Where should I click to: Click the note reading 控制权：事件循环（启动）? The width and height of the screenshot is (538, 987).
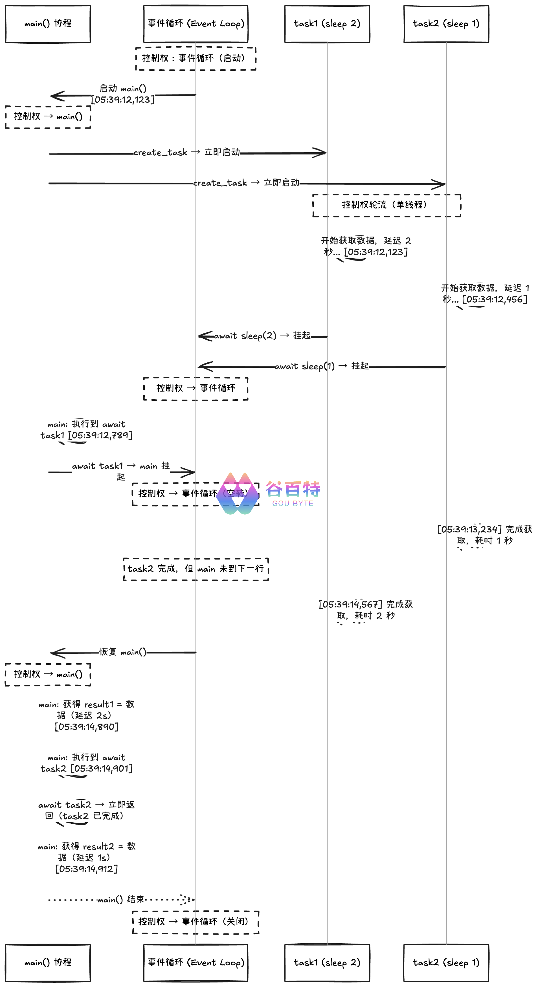196,58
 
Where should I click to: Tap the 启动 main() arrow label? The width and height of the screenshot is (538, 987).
123,89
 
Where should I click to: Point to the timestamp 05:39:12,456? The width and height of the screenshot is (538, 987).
495,299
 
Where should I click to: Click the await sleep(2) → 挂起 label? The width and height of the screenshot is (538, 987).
262,336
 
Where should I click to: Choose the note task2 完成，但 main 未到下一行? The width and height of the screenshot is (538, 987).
196,569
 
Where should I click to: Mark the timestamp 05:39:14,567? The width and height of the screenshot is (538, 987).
350,605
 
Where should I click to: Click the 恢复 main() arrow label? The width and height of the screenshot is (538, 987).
123,652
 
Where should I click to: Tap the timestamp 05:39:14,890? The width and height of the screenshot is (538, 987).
87,726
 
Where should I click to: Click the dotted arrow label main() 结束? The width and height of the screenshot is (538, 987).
120,899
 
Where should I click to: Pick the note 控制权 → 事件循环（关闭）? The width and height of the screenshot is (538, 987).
196,922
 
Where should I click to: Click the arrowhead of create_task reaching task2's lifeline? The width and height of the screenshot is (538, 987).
441,184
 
